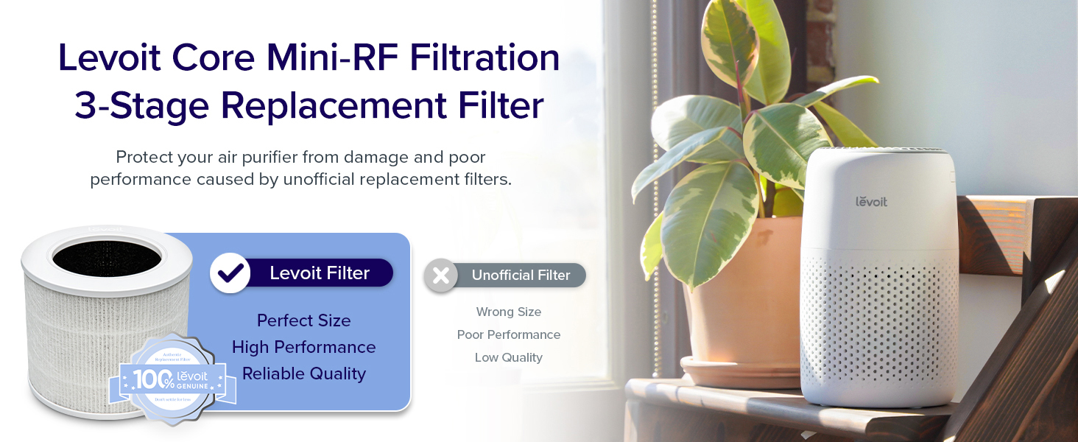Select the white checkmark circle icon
click(230, 273)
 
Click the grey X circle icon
click(441, 276)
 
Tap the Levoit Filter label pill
click(319, 273)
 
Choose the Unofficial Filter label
click(521, 276)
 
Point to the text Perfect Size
click(303, 320)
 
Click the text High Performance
click(303, 347)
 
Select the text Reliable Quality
click(303, 373)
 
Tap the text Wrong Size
click(508, 312)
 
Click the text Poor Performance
click(508, 334)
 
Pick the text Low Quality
click(508, 357)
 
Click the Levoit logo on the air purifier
click(871, 201)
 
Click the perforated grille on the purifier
click(878, 324)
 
